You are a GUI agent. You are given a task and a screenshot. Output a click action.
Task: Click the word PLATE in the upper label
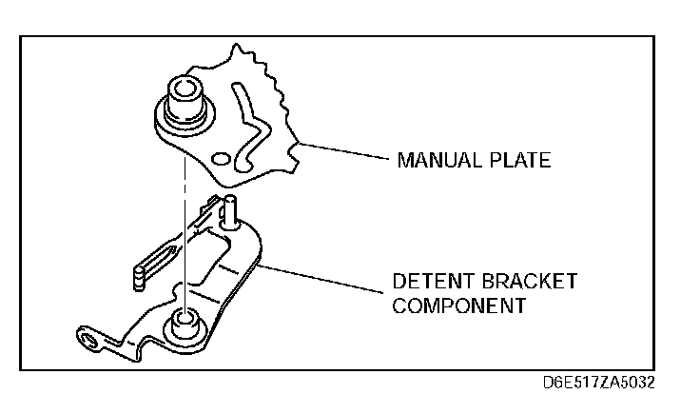pyautogui.click(x=518, y=160)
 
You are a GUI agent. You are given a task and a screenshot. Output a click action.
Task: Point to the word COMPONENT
pyautogui.click(x=459, y=306)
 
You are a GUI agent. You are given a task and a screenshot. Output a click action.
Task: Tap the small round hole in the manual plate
pyautogui.click(x=222, y=157)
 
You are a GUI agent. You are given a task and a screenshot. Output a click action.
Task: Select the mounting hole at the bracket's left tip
pyautogui.click(x=88, y=338)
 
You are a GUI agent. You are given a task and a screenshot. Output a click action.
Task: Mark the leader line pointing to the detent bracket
pyautogui.click(x=323, y=280)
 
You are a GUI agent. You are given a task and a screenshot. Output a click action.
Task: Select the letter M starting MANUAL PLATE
pyautogui.click(x=403, y=160)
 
